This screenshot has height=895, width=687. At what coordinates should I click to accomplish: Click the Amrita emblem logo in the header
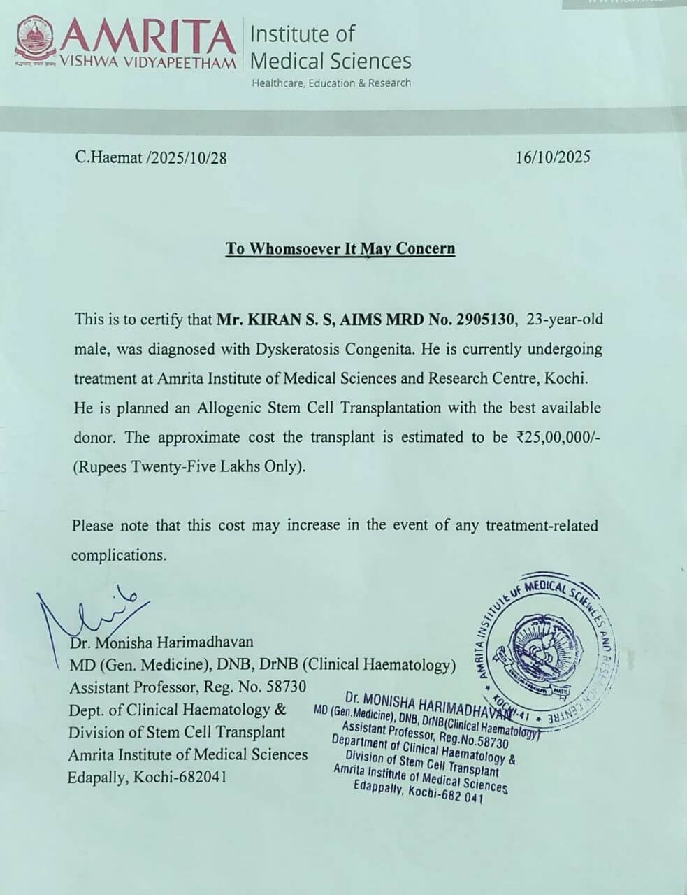point(34,41)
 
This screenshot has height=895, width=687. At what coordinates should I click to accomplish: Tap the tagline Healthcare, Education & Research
point(331,83)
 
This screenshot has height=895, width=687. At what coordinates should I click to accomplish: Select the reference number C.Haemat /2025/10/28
point(151,157)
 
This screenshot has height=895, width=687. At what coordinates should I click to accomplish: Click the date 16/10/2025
point(553,157)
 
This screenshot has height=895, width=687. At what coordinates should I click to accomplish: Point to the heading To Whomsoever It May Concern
point(340,248)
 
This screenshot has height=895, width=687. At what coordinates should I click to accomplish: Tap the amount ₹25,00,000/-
point(558,437)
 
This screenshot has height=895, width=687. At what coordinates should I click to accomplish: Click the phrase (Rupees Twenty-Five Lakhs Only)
point(189,467)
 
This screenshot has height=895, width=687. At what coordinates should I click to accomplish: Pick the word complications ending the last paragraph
point(119,555)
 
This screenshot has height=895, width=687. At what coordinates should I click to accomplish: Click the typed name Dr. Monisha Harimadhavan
point(161,642)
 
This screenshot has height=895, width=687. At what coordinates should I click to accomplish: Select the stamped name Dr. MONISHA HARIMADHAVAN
point(428,703)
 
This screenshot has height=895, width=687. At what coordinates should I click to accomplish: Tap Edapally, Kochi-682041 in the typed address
point(147,778)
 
